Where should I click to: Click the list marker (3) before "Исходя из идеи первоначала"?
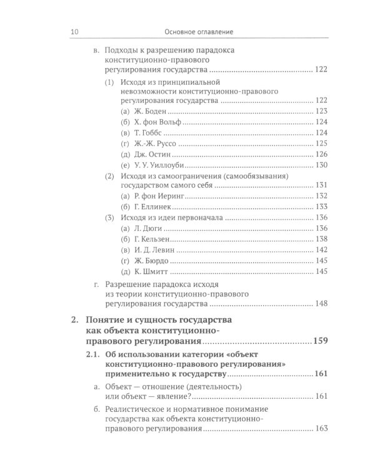[109, 217]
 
